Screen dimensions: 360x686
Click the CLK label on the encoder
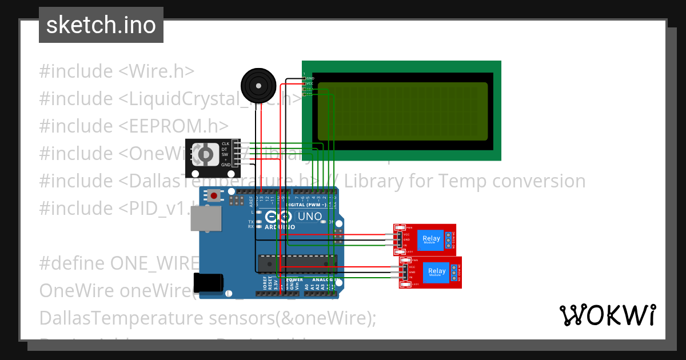point(225,143)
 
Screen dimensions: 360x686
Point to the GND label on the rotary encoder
point(225,165)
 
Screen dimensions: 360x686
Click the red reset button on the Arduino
point(214,195)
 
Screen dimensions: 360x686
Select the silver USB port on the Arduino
point(205,218)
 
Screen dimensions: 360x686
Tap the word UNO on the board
point(309,217)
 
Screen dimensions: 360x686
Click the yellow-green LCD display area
point(402,111)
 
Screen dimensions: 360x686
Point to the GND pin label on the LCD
point(310,78)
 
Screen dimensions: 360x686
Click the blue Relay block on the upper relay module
point(432,239)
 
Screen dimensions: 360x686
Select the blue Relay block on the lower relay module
point(437,272)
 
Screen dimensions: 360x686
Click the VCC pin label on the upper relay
point(406,234)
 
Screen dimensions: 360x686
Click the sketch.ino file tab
point(101,25)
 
